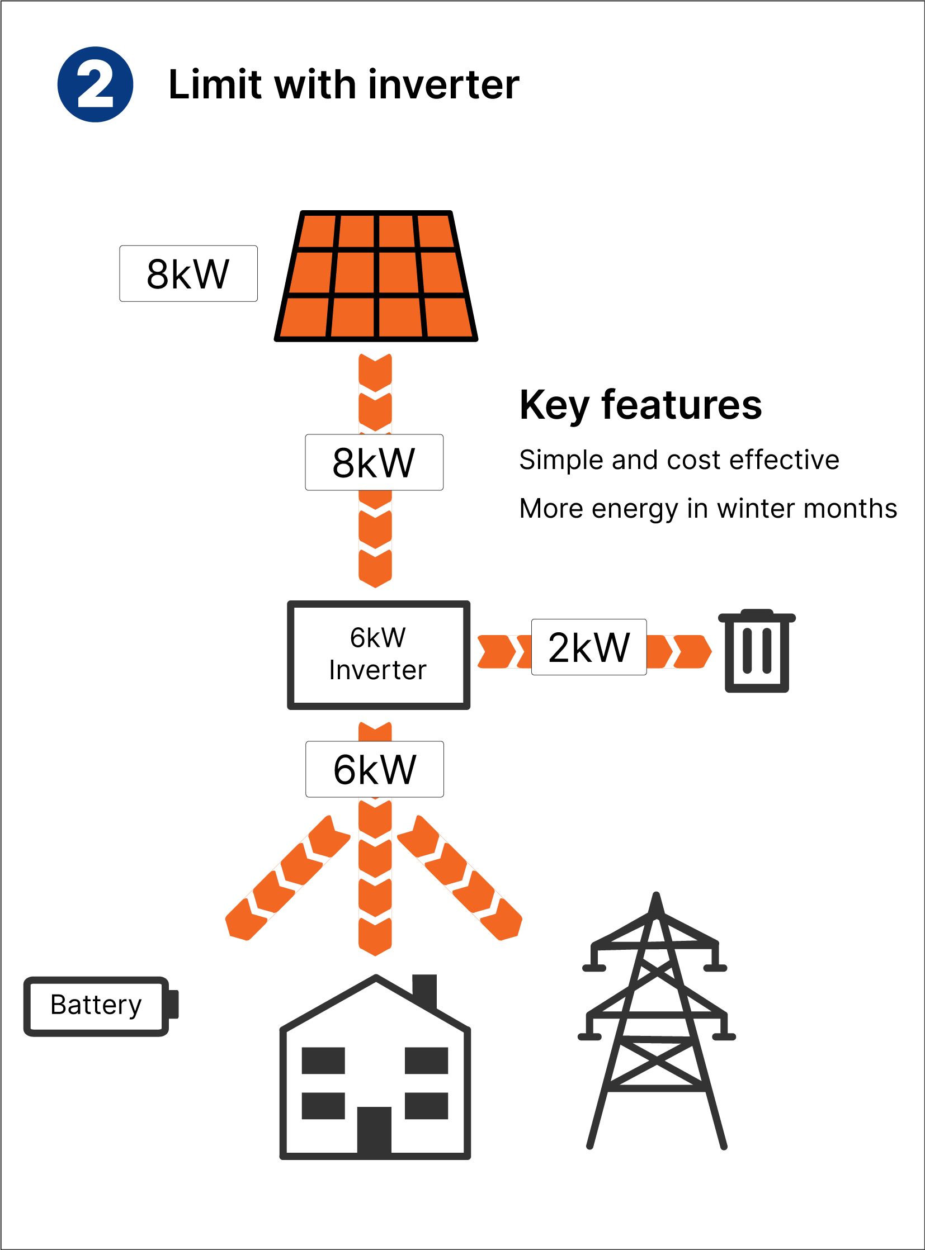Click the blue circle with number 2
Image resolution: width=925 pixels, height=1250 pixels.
click(95, 84)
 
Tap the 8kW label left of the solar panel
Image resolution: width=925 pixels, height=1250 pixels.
click(188, 274)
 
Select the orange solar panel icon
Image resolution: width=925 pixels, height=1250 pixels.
click(376, 277)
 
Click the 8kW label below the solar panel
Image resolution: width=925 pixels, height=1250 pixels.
click(374, 462)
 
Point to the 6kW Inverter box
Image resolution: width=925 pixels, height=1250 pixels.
click(379, 655)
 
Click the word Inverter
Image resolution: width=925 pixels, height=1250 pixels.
click(378, 671)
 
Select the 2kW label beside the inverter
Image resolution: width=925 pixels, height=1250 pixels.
click(589, 647)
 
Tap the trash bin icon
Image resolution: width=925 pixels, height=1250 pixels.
click(757, 651)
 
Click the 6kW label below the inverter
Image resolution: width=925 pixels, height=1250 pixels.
click(375, 769)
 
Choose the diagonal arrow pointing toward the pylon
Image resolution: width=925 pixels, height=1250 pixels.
click(460, 878)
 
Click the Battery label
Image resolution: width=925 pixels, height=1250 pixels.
click(96, 1005)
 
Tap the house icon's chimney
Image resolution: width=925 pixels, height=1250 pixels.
click(424, 990)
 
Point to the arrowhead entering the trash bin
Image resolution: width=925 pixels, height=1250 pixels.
click(695, 652)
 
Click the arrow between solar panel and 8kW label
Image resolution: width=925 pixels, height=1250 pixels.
click(375, 392)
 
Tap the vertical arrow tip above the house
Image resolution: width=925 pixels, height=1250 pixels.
click(375, 946)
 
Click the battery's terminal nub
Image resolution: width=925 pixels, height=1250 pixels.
click(173, 1004)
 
